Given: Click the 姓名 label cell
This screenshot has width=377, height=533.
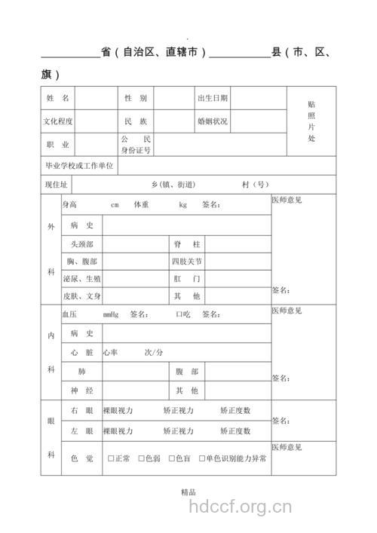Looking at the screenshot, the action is pyautogui.click(x=58, y=99).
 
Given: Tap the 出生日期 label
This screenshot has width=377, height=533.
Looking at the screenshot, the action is pyautogui.click(x=213, y=99).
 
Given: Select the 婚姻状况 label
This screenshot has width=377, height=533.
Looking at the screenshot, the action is pyautogui.click(x=213, y=121).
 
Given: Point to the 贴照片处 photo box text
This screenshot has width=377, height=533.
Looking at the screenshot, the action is pyautogui.click(x=311, y=121).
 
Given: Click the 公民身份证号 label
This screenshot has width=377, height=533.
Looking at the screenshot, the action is pyautogui.click(x=136, y=145).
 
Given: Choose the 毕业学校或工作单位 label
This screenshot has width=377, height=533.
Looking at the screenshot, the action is pyautogui.click(x=79, y=165).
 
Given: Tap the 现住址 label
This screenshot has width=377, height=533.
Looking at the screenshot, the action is pyautogui.click(x=57, y=185).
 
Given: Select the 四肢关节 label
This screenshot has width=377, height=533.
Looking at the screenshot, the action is pyautogui.click(x=187, y=262).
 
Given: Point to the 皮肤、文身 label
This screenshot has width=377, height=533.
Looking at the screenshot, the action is pyautogui.click(x=82, y=296).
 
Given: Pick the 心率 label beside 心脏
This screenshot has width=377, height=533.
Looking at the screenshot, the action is pyautogui.click(x=111, y=352).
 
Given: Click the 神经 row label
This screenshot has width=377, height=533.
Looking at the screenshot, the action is pyautogui.click(x=81, y=391).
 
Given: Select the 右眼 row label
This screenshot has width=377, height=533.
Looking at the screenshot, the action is pyautogui.click(x=81, y=411).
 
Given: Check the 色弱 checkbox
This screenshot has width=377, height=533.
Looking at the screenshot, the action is pyautogui.click(x=141, y=458).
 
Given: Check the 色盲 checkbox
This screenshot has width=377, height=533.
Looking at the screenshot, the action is pyautogui.click(x=172, y=458).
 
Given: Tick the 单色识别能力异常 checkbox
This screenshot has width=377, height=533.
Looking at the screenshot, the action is pyautogui.click(x=201, y=458).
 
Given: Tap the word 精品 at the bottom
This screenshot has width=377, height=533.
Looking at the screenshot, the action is pyautogui.click(x=188, y=492).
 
